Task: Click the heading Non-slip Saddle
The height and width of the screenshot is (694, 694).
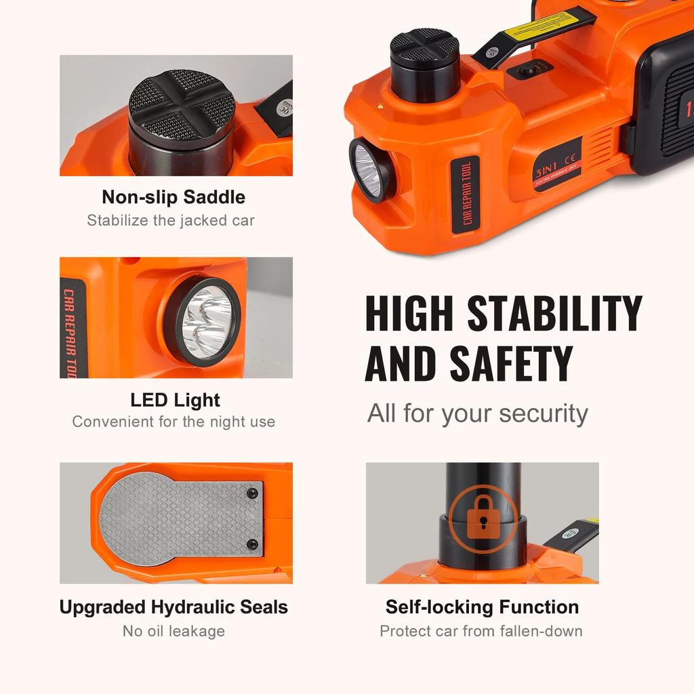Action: (173, 197)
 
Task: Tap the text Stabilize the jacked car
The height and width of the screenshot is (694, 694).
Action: (171, 220)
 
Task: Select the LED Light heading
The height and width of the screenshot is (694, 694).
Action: (176, 400)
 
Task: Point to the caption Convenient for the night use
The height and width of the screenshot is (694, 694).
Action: (173, 422)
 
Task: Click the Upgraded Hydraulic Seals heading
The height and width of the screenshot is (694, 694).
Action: (173, 607)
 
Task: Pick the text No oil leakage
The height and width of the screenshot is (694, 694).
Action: (173, 631)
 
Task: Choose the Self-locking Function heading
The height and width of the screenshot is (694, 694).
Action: (482, 607)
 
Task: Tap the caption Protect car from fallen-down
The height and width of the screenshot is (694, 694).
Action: (481, 631)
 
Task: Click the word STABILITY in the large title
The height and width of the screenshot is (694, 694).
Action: (555, 314)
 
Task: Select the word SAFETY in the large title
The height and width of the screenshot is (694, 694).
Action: (511, 363)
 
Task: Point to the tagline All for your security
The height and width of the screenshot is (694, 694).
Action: (478, 413)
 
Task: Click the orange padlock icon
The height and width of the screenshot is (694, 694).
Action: (482, 518)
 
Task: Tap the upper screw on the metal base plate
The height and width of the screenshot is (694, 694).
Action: (252, 492)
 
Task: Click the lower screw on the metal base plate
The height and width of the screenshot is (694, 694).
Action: (252, 544)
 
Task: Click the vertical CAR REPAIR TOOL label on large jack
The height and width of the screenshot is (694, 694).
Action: (465, 194)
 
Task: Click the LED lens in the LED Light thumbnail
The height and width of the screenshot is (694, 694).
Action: (206, 319)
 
